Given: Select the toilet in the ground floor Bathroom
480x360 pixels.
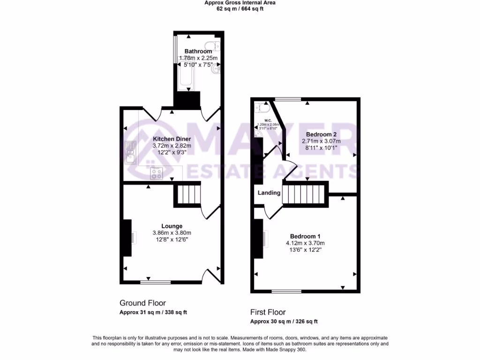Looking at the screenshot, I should click(215, 45).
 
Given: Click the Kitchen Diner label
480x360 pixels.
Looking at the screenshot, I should click(172, 139).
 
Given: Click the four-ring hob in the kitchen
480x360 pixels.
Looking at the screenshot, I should click(156, 173).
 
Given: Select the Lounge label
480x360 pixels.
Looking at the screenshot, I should click(172, 226).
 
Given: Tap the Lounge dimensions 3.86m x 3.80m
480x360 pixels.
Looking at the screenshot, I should click(172, 233).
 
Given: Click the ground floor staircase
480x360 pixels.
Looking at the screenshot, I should click(188, 195).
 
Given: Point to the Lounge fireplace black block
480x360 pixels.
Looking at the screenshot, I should click(127, 238).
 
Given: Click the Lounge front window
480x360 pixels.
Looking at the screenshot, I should click(155, 282).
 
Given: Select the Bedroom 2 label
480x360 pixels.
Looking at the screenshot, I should click(321, 134).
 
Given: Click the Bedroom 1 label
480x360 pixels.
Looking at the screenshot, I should click(305, 236).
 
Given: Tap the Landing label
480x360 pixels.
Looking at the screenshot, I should click(269, 193).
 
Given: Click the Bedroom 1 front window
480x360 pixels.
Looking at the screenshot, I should click(287, 291).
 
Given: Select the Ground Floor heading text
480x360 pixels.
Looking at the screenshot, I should click(142, 303).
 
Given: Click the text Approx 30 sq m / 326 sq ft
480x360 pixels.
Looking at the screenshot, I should click(284, 322).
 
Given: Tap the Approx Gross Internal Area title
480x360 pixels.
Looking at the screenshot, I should click(240, 3).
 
